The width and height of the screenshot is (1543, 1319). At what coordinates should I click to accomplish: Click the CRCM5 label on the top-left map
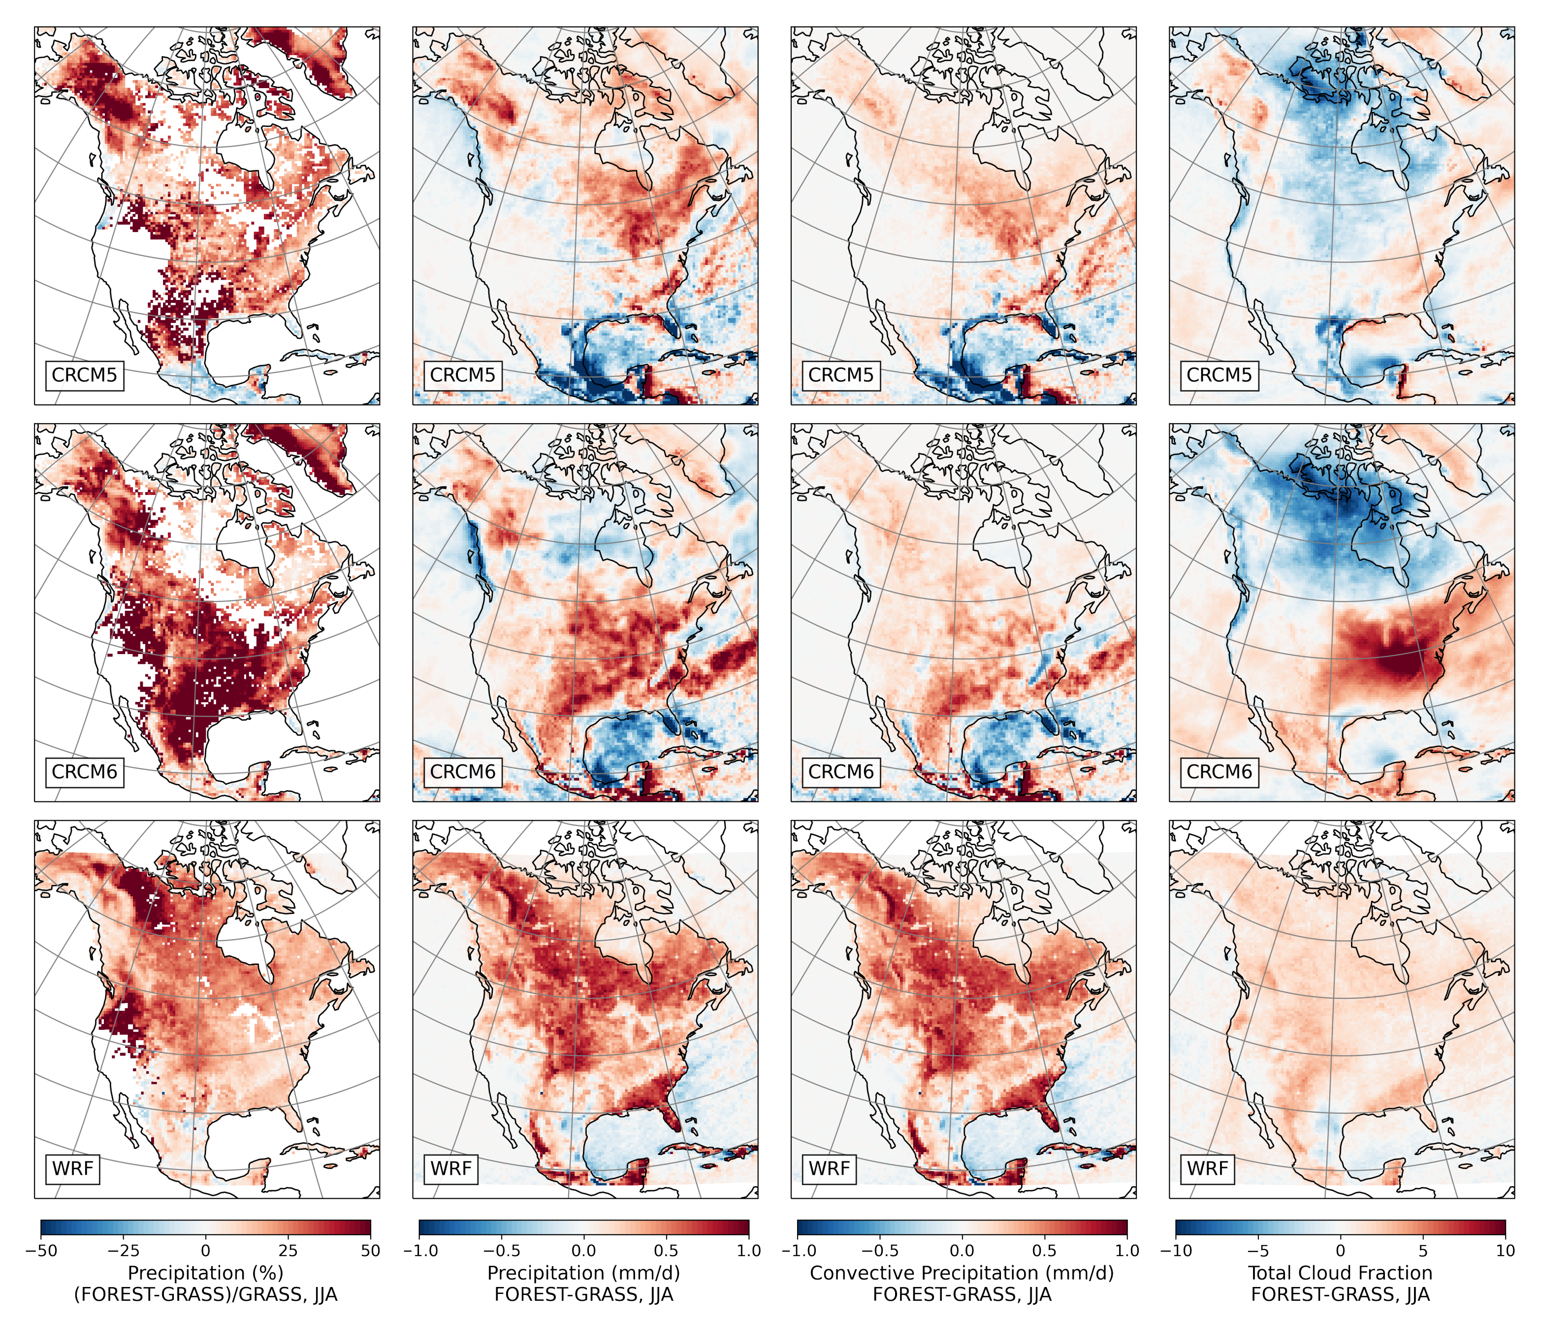tap(84, 375)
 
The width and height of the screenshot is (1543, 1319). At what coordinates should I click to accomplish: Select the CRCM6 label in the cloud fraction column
tap(1219, 772)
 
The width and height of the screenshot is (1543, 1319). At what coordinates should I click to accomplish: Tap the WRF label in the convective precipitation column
tap(829, 1169)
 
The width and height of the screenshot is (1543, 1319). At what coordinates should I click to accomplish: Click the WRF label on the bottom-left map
tap(72, 1169)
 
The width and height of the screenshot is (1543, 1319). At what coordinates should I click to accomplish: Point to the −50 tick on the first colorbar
tap(41, 1251)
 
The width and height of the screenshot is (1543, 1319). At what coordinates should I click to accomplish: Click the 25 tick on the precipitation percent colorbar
tap(288, 1251)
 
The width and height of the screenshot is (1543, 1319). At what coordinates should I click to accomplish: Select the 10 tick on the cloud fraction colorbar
tap(1505, 1251)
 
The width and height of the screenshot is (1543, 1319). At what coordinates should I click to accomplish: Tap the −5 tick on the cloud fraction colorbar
tap(1258, 1251)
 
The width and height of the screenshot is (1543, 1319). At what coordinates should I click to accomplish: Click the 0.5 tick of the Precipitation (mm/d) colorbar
tap(667, 1251)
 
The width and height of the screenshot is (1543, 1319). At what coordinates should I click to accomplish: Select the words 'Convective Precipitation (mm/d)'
tap(962, 1273)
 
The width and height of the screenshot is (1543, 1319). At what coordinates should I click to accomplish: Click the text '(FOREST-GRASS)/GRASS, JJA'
tap(205, 1294)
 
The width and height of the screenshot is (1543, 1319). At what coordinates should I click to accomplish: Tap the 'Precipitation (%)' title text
tap(205, 1273)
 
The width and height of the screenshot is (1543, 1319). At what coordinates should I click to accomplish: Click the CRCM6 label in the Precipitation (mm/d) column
tap(462, 772)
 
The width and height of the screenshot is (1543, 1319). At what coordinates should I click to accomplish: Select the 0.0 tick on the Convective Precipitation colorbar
tap(962, 1251)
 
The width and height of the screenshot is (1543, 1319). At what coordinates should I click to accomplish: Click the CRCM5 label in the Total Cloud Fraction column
tap(1219, 375)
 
